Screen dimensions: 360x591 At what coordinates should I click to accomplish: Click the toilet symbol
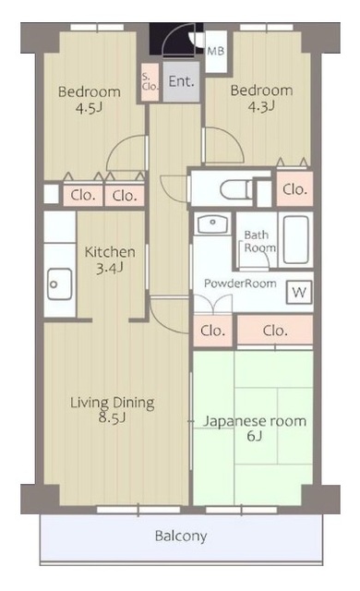[x=236, y=188]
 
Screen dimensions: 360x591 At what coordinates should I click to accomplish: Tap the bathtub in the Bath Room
[x=296, y=240]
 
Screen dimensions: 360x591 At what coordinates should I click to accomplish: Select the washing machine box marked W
[x=299, y=292]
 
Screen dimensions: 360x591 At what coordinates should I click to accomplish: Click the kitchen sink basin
[x=59, y=283]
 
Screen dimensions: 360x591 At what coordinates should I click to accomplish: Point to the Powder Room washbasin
[x=212, y=223]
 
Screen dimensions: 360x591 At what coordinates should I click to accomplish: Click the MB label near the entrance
[x=216, y=51]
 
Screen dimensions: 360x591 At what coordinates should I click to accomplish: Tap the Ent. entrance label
[x=182, y=81]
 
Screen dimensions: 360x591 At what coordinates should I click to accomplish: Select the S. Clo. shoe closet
[x=150, y=82]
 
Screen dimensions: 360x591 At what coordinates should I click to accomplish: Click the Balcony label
[x=181, y=536]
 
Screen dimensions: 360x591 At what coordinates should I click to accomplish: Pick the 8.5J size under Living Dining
[x=113, y=417]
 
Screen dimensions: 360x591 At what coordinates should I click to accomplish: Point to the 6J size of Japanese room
[x=255, y=436]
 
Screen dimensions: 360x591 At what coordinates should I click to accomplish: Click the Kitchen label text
[x=110, y=252]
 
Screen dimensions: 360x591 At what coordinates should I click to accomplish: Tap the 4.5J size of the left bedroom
[x=90, y=108]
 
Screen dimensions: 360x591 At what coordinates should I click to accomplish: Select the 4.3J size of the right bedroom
[x=261, y=106]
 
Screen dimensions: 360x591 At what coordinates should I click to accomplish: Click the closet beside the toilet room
[x=294, y=189]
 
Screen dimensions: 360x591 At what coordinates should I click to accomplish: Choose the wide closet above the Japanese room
[x=275, y=331]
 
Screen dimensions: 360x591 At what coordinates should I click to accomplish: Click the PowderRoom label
[x=240, y=283]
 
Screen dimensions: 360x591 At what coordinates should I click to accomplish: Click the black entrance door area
[x=176, y=39]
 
